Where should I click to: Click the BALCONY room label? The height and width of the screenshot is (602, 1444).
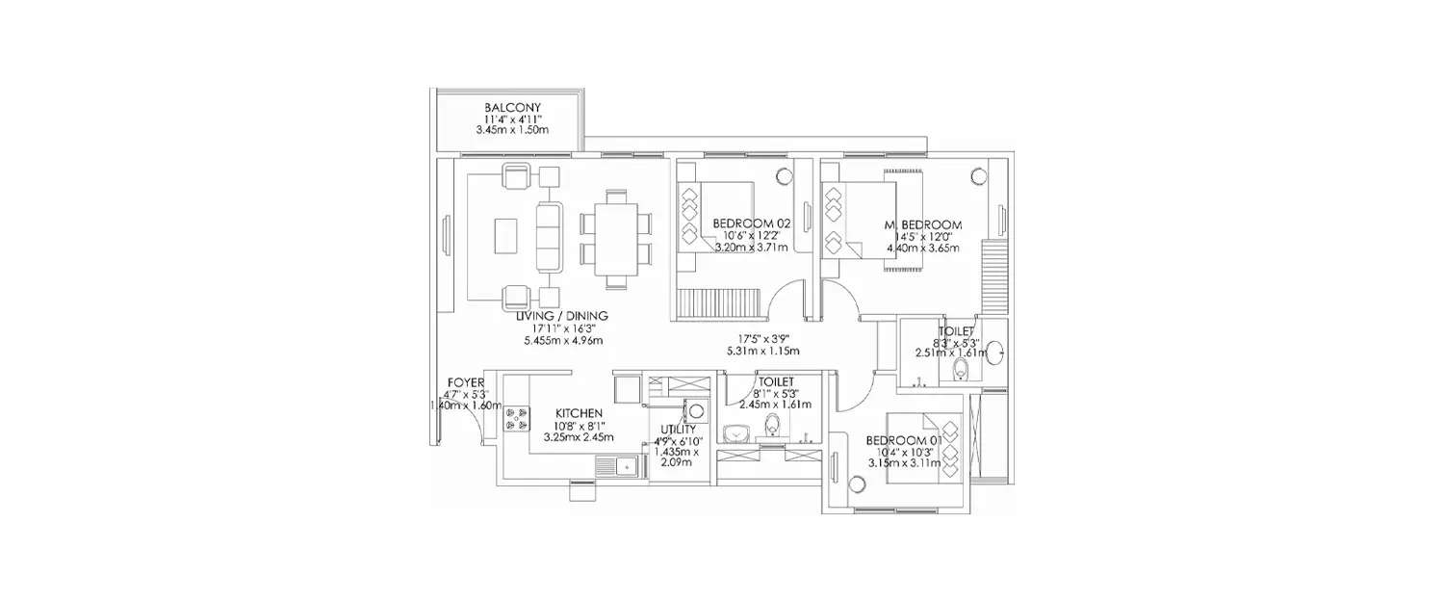[x=511, y=107]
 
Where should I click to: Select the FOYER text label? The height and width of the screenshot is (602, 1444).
[x=466, y=382]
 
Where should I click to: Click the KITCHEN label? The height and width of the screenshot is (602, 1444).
[x=579, y=412]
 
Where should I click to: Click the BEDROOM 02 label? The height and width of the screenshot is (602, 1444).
[x=751, y=222]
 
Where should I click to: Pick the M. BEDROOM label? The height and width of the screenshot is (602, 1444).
[x=923, y=225]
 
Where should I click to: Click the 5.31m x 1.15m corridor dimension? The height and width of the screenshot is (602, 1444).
[x=763, y=352]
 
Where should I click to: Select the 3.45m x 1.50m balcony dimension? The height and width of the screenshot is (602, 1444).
[x=511, y=129]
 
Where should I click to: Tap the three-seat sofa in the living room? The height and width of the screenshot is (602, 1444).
[x=550, y=237]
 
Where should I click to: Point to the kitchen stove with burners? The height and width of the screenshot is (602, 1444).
[x=516, y=416]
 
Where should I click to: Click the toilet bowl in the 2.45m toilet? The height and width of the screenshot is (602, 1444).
[x=771, y=424]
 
